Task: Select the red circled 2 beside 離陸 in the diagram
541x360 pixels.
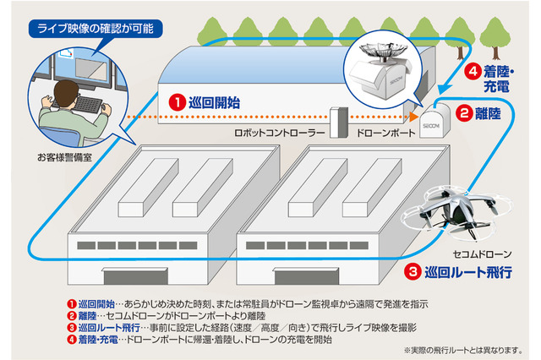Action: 464,112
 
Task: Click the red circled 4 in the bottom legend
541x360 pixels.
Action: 71,338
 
